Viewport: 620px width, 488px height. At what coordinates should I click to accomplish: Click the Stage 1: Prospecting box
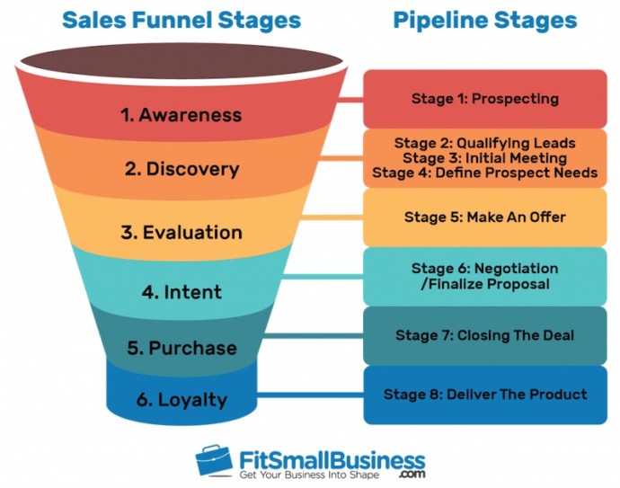(x=485, y=99)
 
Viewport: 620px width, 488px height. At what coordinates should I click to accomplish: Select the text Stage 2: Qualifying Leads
(x=485, y=143)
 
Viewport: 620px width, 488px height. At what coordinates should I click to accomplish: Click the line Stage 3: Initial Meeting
(x=485, y=158)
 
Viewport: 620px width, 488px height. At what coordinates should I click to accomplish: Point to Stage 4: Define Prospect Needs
(x=485, y=173)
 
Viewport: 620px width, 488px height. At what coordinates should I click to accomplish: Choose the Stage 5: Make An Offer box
(x=485, y=217)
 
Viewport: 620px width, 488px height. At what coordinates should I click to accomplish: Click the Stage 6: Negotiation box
(x=485, y=276)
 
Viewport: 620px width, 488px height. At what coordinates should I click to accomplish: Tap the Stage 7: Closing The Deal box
(x=485, y=336)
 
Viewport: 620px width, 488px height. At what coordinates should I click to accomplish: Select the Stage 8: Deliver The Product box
(x=485, y=395)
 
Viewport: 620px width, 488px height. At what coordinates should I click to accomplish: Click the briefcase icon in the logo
(x=215, y=460)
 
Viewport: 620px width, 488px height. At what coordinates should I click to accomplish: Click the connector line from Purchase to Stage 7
(x=314, y=338)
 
